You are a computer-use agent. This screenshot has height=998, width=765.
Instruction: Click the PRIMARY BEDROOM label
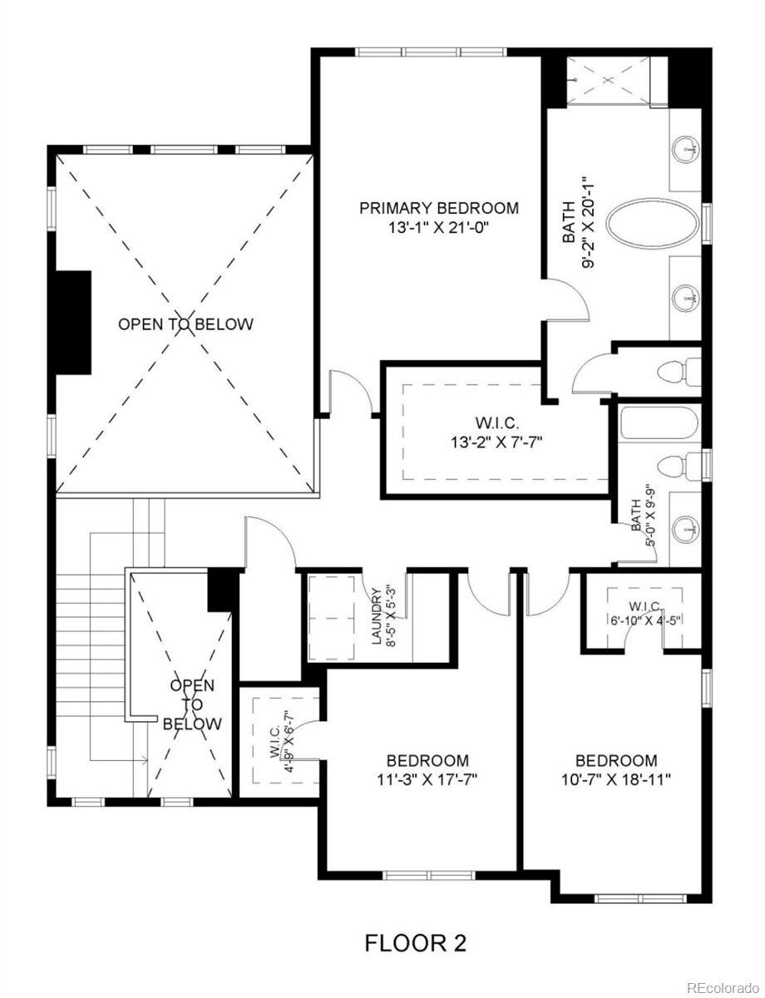pyautogui.click(x=438, y=208)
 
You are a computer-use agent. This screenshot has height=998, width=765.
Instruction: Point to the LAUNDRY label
pyautogui.click(x=377, y=616)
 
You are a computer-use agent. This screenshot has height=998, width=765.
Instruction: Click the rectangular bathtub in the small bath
pyautogui.click(x=659, y=423)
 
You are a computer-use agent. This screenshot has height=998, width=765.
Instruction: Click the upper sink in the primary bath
pyautogui.click(x=687, y=148)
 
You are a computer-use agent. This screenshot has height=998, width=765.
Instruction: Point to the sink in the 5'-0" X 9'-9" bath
pyautogui.click(x=687, y=530)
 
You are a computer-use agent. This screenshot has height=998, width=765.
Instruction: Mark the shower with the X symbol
pyautogui.click(x=610, y=81)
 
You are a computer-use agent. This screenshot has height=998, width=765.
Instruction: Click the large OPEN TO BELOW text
pyautogui.click(x=185, y=324)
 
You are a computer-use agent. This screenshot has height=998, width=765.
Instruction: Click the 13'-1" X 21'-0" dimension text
pyautogui.click(x=438, y=227)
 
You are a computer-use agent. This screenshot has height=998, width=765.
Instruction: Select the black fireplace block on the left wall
pyautogui.click(x=73, y=322)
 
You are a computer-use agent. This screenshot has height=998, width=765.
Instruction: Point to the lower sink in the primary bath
pyautogui.click(x=687, y=299)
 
